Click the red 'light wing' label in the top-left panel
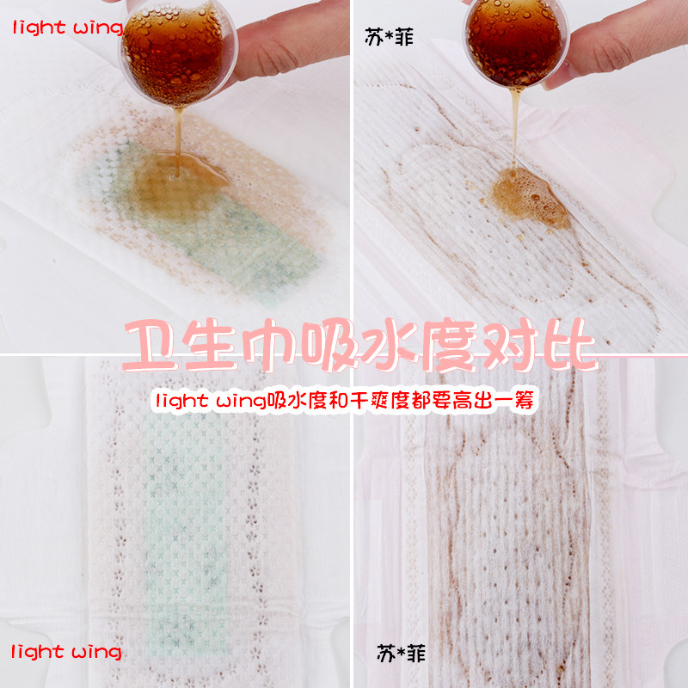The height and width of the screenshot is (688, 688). pyautogui.click(x=68, y=28)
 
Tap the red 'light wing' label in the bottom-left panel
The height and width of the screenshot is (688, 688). pyautogui.click(x=66, y=652)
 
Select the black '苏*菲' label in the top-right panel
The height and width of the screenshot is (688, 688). pyautogui.click(x=390, y=37)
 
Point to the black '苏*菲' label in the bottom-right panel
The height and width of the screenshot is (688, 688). pyautogui.click(x=401, y=654)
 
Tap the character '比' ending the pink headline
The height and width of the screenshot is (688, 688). pyautogui.click(x=570, y=345)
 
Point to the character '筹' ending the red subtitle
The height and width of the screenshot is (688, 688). pyautogui.click(x=525, y=401)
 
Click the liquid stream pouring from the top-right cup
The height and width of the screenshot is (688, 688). pyautogui.click(x=515, y=127)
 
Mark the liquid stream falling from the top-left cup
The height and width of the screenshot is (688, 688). pyautogui.click(x=178, y=141)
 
